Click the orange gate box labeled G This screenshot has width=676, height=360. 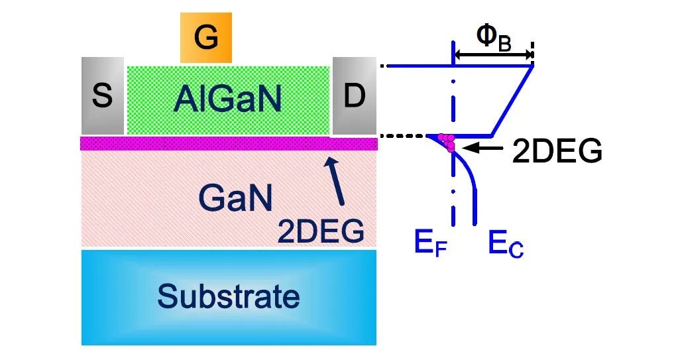[206, 38]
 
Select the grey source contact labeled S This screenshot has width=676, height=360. [103, 95]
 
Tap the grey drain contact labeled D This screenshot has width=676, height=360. [354, 95]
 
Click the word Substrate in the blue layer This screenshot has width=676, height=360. [228, 296]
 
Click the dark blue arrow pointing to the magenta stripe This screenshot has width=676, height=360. [337, 179]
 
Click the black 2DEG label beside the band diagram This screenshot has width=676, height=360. [557, 152]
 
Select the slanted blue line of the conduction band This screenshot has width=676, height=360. [512, 99]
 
